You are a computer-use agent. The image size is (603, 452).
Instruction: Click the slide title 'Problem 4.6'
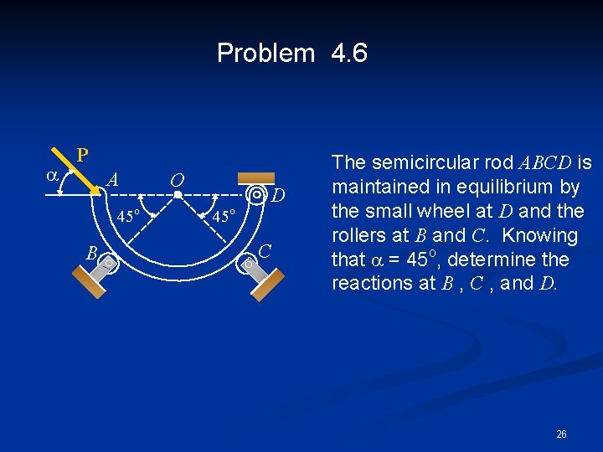(x=291, y=54)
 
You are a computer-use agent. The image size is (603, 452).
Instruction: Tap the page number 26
(x=561, y=434)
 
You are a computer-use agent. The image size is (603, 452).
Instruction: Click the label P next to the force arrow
(x=82, y=155)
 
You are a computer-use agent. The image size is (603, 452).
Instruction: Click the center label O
(x=177, y=180)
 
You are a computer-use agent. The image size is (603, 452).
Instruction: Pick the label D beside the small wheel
(x=280, y=196)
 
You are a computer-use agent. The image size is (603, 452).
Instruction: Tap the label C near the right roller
(x=265, y=249)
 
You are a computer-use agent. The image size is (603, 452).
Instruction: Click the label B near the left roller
(x=93, y=252)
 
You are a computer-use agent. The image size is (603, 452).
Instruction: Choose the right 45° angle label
(x=222, y=216)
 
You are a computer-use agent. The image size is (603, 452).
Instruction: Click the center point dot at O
(x=178, y=195)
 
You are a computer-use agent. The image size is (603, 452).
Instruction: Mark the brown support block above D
(x=255, y=177)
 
